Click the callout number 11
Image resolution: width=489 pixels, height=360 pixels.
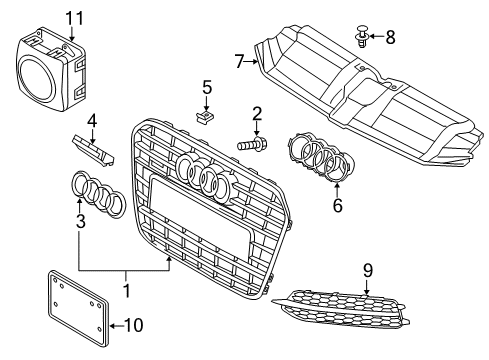(74, 18)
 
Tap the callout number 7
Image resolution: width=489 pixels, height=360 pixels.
(240, 61)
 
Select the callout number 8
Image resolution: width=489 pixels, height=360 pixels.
(390, 37)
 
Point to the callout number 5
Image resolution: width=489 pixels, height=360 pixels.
(207, 87)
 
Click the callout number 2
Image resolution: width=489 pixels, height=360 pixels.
(257, 114)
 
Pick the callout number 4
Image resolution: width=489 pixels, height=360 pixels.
(92, 121)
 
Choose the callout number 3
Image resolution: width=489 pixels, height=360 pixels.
(81, 221)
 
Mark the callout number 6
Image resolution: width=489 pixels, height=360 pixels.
(337, 205)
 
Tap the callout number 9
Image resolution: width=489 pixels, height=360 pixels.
(367, 270)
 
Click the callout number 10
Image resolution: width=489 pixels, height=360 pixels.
(134, 325)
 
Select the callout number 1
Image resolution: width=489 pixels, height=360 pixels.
(127, 290)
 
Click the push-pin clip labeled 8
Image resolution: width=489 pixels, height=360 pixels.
(362, 36)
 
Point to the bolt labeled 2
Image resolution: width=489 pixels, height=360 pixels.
(252, 144)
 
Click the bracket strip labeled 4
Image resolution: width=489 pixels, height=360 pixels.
(93, 149)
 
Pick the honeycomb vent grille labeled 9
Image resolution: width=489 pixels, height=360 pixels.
(341, 308)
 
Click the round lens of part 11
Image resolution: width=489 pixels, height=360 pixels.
(36, 80)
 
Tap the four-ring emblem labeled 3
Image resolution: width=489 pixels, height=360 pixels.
(99, 193)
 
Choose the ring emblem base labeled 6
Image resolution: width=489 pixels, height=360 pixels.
(320, 157)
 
